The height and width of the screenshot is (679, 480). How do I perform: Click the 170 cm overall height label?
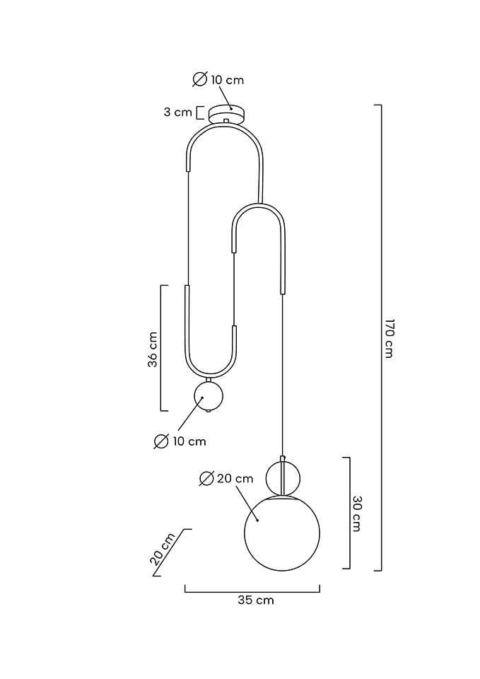tap(389, 339)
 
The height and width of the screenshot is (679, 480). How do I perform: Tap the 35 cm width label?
tap(256, 600)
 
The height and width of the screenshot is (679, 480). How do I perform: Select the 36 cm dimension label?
tap(153, 349)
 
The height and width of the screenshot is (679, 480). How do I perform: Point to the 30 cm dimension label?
tap(357, 513)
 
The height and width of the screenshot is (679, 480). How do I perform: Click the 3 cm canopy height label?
tap(177, 112)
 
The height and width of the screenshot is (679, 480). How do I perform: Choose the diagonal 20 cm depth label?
tap(163, 549)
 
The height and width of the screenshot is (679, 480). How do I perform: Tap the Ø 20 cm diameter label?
tap(226, 479)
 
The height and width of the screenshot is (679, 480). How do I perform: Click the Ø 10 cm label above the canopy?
tap(218, 80)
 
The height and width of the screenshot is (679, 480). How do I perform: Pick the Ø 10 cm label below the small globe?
tap(180, 441)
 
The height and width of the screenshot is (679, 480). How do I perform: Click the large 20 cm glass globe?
tap(282, 533)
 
